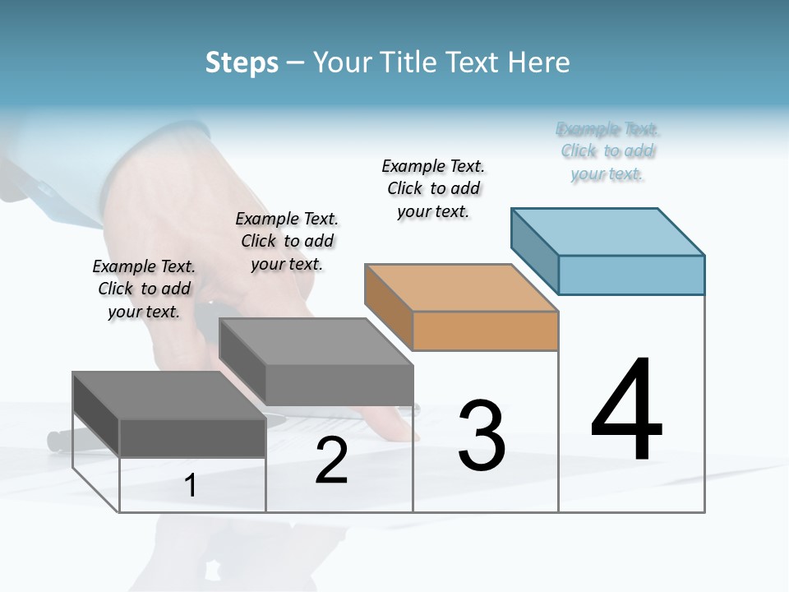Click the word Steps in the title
pyautogui.click(x=242, y=62)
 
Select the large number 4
pyautogui.click(x=626, y=411)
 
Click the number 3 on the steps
pyautogui.click(x=482, y=436)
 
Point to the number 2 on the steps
pyautogui.click(x=331, y=461)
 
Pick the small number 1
pyautogui.click(x=191, y=486)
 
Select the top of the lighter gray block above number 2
pyautogui.click(x=316, y=341)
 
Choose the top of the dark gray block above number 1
pyautogui.click(x=169, y=395)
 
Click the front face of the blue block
pyautogui.click(x=631, y=275)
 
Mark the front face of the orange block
pyautogui.click(x=485, y=331)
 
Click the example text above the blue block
pyautogui.click(x=607, y=151)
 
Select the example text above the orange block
pyautogui.click(x=433, y=188)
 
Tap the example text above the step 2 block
pyautogui.click(x=287, y=241)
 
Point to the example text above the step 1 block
pyautogui.click(x=144, y=289)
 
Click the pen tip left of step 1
pyautogui.click(x=54, y=442)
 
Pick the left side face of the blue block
pyautogui.click(x=535, y=251)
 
